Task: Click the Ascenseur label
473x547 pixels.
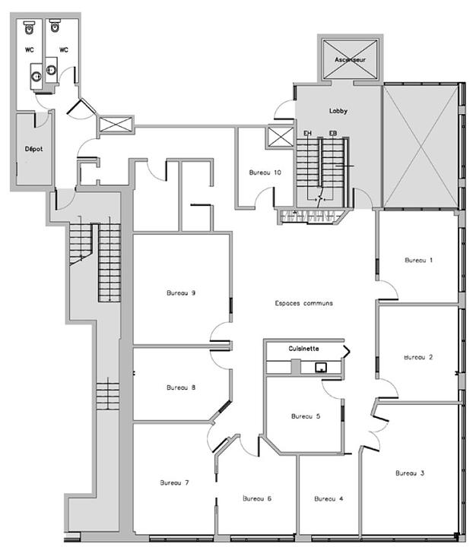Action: coord(350,60)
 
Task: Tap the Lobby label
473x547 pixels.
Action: coord(338,111)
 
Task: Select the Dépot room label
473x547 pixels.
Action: coord(34,149)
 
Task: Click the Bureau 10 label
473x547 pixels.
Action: coord(265,172)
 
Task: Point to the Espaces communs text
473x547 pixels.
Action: coord(303,303)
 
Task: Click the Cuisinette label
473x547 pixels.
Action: coord(303,349)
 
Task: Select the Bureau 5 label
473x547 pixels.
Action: coord(306,416)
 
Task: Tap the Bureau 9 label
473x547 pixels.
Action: coord(181,293)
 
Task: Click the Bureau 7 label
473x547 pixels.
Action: coord(175,483)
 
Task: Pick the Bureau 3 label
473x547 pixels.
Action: coord(410,473)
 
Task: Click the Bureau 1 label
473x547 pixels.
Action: coord(418,261)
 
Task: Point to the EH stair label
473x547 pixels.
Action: coord(307,133)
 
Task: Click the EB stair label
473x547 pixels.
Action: coord(333,133)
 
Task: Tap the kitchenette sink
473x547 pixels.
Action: coord(321,368)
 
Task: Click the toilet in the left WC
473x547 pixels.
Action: coord(30,27)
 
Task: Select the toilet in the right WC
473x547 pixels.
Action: coord(55,26)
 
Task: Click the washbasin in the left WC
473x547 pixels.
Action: coord(37,76)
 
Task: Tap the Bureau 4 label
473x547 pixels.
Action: coord(329,499)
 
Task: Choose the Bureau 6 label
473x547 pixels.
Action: coord(257,499)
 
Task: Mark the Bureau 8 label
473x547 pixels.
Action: coord(181,387)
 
